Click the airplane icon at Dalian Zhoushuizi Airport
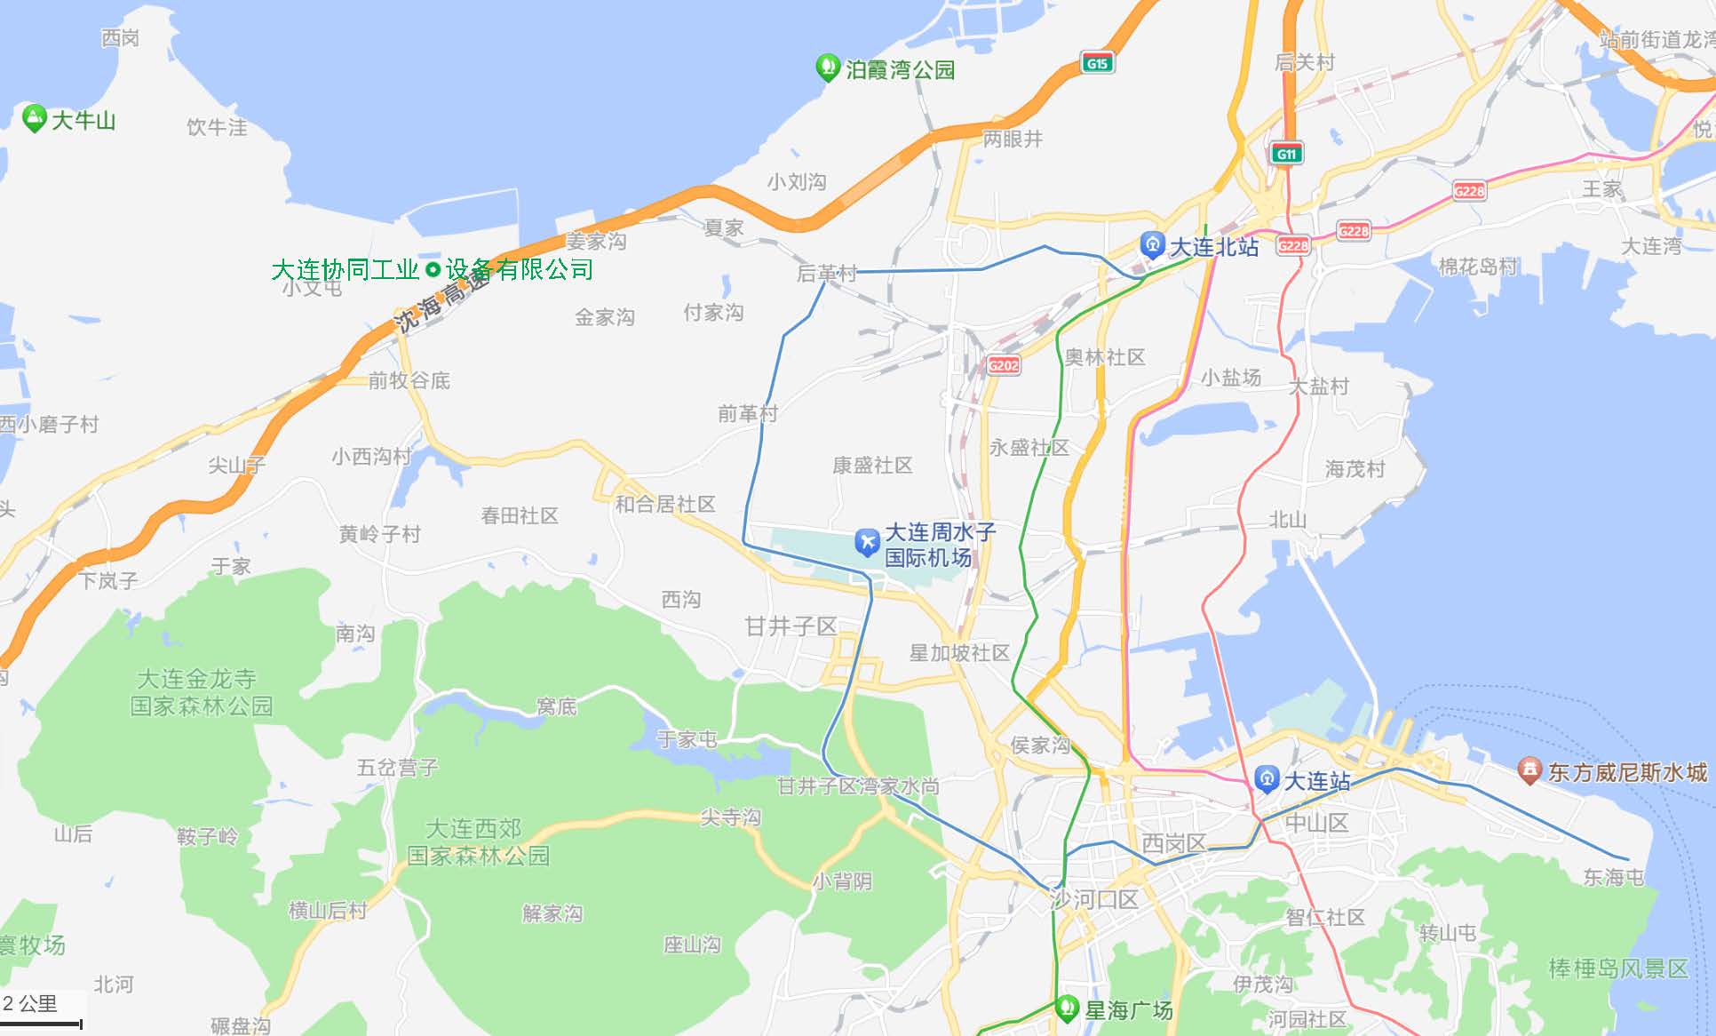(866, 542)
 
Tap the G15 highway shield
(1098, 63)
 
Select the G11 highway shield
(1285, 154)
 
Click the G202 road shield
(1004, 365)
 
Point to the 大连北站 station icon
(1152, 244)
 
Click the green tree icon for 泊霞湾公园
(828, 68)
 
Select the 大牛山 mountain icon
(34, 118)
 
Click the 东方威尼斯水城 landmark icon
(1529, 770)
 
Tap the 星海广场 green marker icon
(1066, 1008)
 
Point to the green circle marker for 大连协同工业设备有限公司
(433, 269)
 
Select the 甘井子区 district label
(790, 626)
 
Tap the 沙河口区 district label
(1094, 899)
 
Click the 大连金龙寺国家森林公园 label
(201, 692)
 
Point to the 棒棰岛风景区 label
(1618, 968)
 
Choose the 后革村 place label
(826, 273)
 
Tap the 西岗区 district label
(1173, 843)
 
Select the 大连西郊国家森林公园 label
(478, 841)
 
